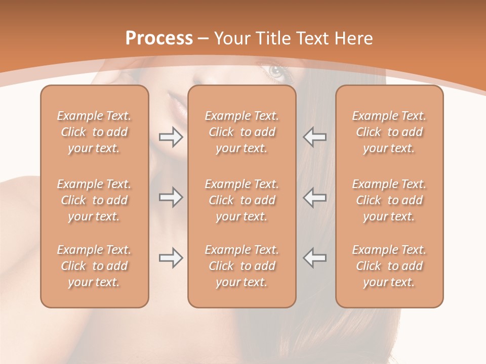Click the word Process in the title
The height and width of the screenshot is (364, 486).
click(159, 38)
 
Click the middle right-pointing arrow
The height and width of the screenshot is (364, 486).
click(171, 197)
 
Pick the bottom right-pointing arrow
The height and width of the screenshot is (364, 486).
click(171, 258)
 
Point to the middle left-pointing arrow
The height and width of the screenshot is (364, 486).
click(315, 197)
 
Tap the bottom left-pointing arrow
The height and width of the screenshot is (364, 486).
click(315, 258)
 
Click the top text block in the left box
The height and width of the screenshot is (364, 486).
click(94, 132)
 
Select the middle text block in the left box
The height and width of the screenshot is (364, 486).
click(94, 200)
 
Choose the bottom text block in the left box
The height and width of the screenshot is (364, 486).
click(94, 266)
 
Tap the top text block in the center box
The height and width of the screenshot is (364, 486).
click(241, 132)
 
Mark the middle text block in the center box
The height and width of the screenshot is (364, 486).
click(241, 200)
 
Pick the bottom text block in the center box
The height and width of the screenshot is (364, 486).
click(241, 266)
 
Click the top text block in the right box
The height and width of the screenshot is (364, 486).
click(389, 132)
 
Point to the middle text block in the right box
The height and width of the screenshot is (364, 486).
click(389, 200)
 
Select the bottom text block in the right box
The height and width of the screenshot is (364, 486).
click(389, 266)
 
